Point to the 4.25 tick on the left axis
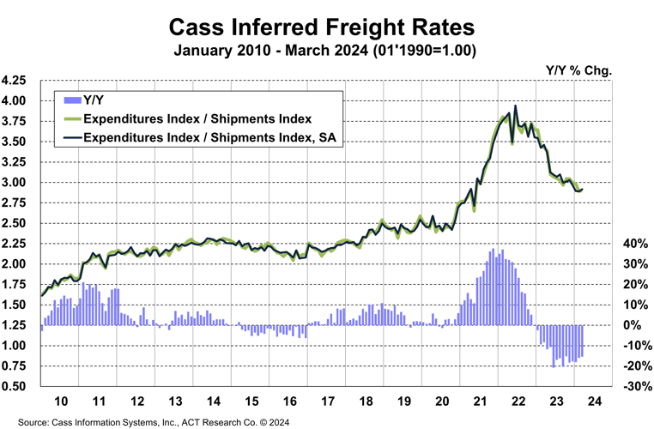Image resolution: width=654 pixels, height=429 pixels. [19, 81]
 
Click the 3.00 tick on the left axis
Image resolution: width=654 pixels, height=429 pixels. [19, 183]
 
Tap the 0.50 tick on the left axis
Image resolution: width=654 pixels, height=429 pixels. [19, 387]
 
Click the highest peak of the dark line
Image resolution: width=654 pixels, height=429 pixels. [515, 106]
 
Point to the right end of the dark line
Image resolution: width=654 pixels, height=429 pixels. [584, 189]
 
